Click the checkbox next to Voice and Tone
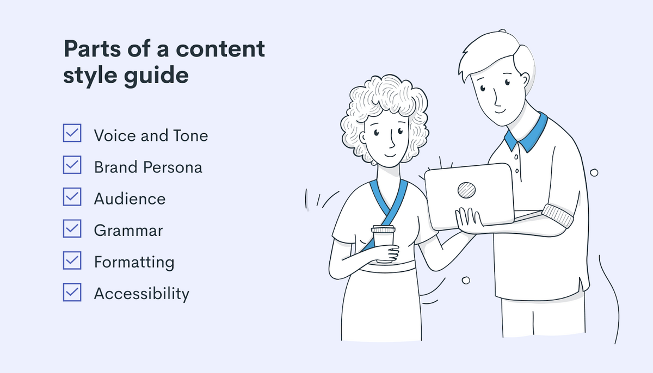point(72,133)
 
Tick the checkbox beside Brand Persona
point(72,165)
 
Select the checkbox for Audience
point(72,196)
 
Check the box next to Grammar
point(72,228)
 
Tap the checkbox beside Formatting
point(72,260)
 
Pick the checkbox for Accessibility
point(72,292)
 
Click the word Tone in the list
point(190,136)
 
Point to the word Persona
point(173,167)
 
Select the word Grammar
point(128,231)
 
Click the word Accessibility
point(141,294)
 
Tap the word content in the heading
point(220,48)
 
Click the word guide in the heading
point(156,76)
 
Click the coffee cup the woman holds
point(383,244)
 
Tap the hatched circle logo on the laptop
point(466,190)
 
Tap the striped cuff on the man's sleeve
point(558,215)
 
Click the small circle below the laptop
point(466,281)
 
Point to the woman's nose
point(392,140)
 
